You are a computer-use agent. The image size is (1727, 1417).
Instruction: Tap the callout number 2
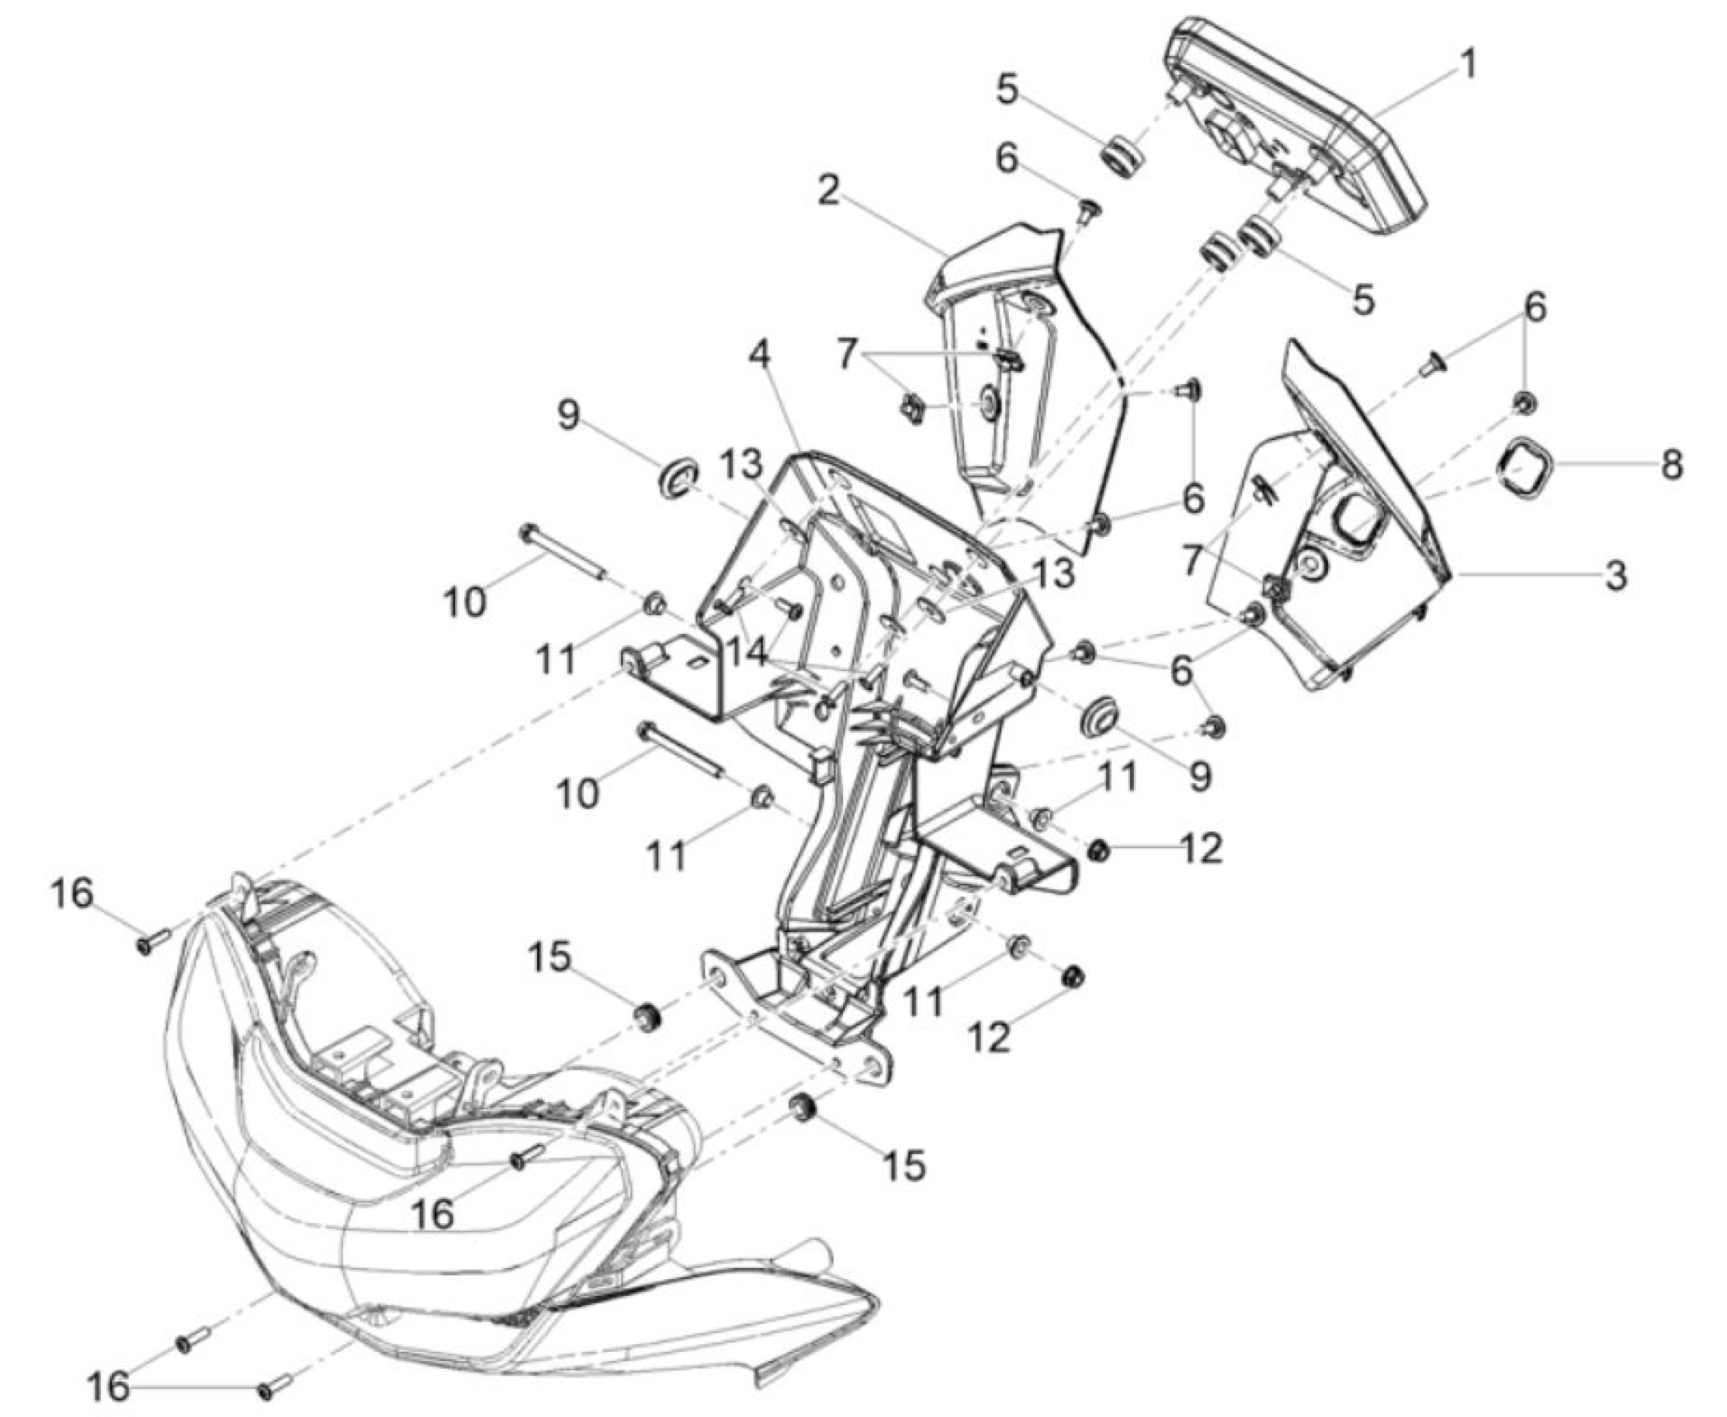point(829,192)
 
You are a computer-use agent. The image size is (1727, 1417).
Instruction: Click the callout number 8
point(1670,465)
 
